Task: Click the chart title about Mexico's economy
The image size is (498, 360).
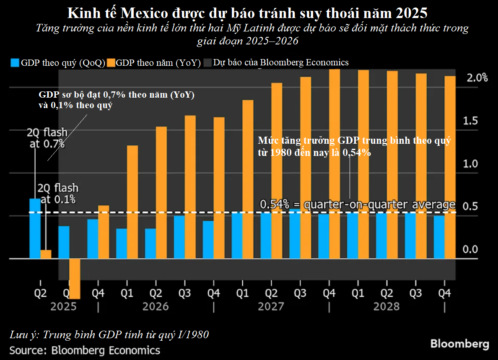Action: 247,13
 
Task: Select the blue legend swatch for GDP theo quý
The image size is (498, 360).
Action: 15,63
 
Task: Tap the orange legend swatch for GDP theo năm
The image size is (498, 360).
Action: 111,63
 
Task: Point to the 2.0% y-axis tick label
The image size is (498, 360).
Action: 477,78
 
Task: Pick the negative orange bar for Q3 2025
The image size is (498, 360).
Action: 75,278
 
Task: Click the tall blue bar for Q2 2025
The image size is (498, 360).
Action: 35,228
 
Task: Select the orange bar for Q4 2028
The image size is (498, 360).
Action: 450,167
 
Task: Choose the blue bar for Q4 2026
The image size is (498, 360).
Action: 208,240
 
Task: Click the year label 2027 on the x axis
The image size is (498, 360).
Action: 271,306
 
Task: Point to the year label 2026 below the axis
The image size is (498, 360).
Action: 156,306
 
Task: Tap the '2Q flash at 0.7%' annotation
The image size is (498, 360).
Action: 46,138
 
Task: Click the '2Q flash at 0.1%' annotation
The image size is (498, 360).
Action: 58,194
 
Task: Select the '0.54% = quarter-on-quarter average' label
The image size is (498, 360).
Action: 358,205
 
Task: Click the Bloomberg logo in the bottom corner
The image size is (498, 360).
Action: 459,344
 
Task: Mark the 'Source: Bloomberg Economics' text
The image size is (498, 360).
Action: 85,350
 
